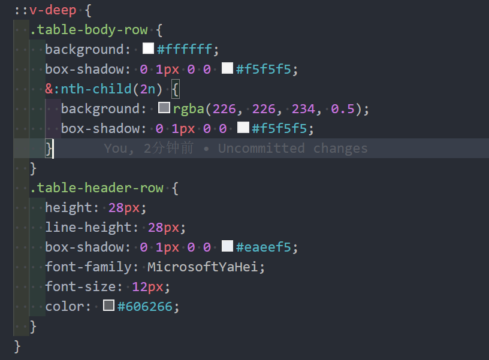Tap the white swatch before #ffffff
click(147, 49)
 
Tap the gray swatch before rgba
click(164, 108)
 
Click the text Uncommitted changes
click(292, 149)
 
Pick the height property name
click(67, 208)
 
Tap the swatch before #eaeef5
click(227, 247)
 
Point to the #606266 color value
click(145, 307)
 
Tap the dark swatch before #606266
click(108, 306)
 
